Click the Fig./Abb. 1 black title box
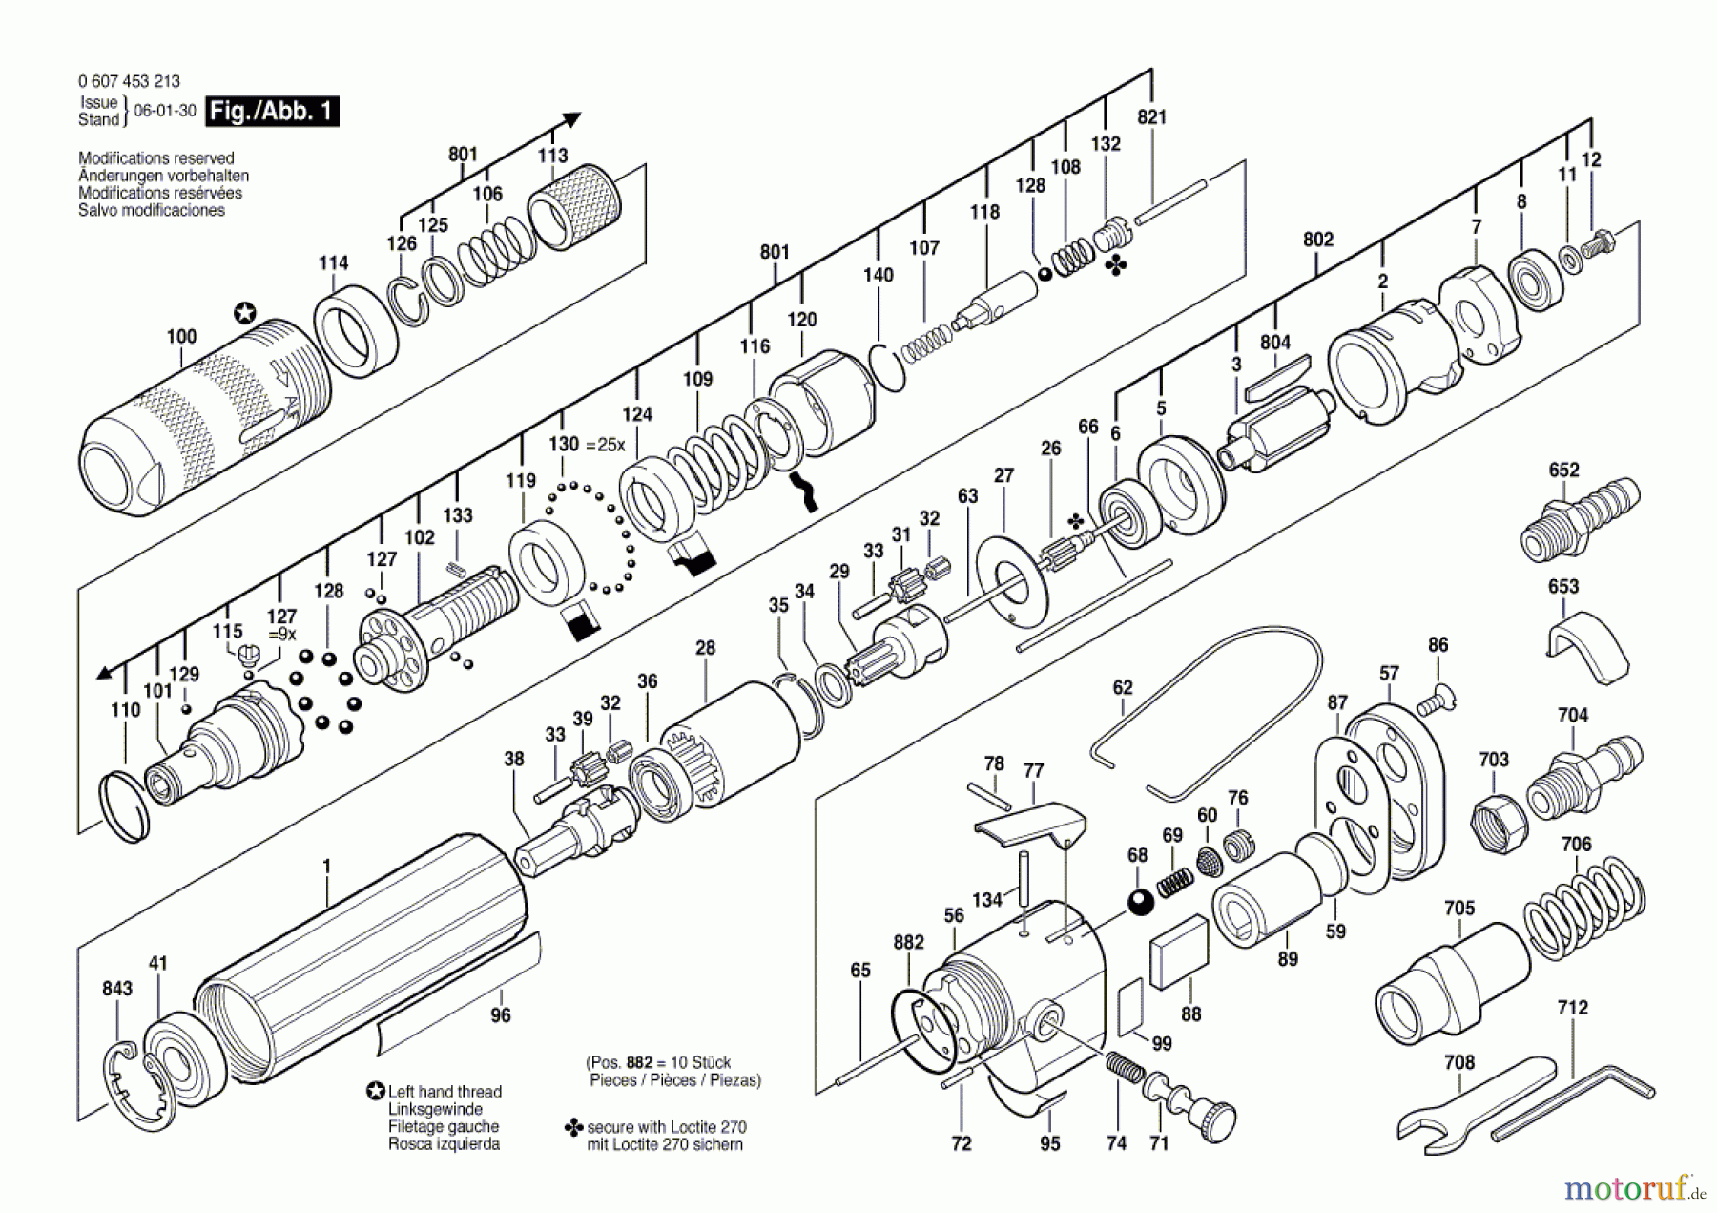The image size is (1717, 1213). [272, 112]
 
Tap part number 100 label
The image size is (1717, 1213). [181, 336]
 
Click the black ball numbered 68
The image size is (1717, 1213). [1141, 900]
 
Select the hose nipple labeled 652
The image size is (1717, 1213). [1578, 521]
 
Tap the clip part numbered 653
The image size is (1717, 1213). [1585, 647]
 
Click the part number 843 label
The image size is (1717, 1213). [117, 989]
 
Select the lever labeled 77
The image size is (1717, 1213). [1030, 824]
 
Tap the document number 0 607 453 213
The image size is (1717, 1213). [129, 81]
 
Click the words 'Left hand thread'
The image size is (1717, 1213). [445, 1092]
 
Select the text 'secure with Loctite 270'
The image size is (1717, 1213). [666, 1127]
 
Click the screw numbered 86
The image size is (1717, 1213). [1434, 701]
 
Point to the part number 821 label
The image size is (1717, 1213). [1151, 116]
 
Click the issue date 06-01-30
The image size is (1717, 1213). [165, 111]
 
